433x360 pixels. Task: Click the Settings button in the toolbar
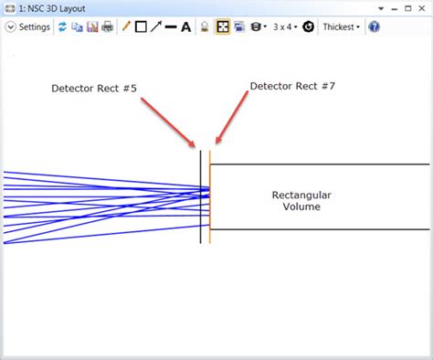pos(28,27)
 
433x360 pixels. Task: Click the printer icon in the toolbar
pos(107,27)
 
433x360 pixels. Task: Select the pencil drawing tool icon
pos(126,27)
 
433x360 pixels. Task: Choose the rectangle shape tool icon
pos(141,27)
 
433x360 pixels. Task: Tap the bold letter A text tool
pos(186,27)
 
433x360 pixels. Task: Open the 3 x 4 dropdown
pos(285,27)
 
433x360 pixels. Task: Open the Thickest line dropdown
pos(341,27)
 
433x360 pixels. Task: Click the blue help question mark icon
pos(374,27)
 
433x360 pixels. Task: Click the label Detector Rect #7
pos(291,86)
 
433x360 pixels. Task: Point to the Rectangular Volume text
pos(301,200)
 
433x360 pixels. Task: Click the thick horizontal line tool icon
pos(171,27)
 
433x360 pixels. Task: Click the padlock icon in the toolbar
pos(206,27)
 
